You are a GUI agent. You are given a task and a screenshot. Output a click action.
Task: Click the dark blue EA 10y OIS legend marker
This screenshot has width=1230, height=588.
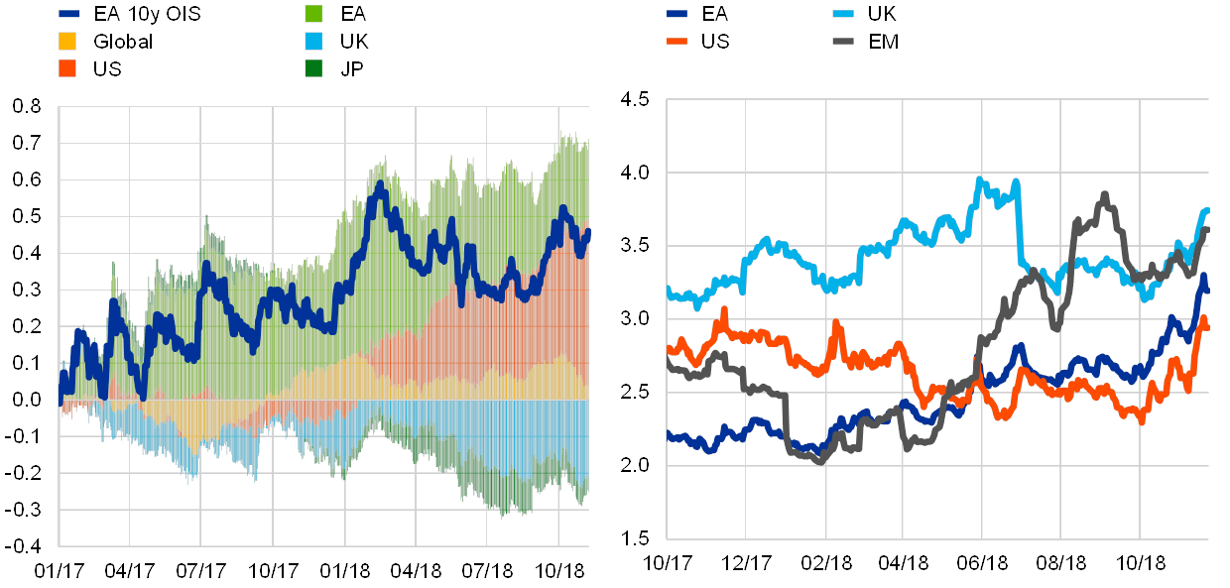[69, 15]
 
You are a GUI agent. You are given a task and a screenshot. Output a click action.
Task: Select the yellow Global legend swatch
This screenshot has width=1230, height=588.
[69, 42]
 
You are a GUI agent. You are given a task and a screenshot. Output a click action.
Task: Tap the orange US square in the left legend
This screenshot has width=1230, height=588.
[69, 69]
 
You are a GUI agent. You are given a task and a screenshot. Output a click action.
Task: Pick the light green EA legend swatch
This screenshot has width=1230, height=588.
[313, 15]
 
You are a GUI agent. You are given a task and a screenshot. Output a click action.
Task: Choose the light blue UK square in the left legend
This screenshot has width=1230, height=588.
[313, 42]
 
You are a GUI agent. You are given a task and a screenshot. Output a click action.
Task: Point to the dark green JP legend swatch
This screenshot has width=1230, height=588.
[313, 69]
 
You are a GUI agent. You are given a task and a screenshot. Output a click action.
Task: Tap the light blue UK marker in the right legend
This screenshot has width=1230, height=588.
[843, 15]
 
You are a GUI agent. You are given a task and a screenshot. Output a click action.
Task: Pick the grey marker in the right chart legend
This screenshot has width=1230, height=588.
[843, 42]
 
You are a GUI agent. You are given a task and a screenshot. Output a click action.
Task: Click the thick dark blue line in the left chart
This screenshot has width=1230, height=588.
[377, 188]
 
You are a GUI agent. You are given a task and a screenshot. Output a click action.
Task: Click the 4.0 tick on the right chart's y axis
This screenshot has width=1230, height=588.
[634, 172]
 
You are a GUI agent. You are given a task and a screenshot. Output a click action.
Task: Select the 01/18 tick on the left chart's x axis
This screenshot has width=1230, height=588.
[345, 571]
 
